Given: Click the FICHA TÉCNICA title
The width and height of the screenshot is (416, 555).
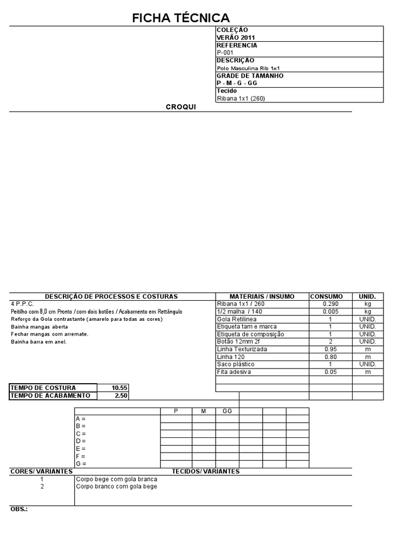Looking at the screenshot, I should pyautogui.click(x=181, y=18).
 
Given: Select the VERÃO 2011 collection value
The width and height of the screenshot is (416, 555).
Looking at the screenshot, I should pyautogui.click(x=236, y=37).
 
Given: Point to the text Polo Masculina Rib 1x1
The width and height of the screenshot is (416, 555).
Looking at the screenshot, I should pyautogui.click(x=248, y=68).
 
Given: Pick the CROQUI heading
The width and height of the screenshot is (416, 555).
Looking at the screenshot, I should pyautogui.click(x=180, y=107).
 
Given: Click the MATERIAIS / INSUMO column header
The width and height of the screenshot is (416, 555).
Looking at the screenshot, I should pyautogui.click(x=262, y=296).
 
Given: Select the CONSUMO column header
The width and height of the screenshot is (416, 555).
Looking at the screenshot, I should pyautogui.click(x=326, y=296).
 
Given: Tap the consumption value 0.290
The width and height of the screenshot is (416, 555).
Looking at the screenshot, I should pyautogui.click(x=330, y=304).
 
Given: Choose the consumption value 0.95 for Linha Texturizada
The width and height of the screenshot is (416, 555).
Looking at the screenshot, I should pyautogui.click(x=330, y=349).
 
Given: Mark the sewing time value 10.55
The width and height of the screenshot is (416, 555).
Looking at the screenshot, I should pyautogui.click(x=119, y=388).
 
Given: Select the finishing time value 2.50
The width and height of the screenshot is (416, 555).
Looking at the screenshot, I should pyautogui.click(x=121, y=395).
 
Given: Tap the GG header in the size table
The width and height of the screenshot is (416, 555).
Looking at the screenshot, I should pyautogui.click(x=227, y=411).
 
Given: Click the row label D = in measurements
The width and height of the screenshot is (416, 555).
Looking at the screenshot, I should pyautogui.click(x=81, y=441).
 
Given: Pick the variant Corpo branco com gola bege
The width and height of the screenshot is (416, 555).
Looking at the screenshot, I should pyautogui.click(x=117, y=486).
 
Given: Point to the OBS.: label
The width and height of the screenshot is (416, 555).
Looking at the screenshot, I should pyautogui.click(x=19, y=509).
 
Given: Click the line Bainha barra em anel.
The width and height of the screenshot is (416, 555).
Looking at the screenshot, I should pyautogui.click(x=39, y=342).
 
